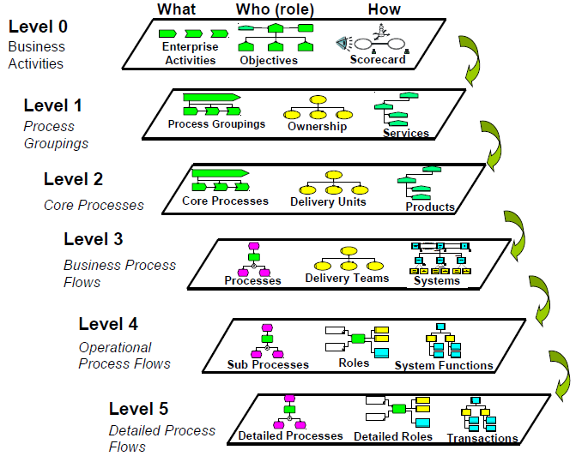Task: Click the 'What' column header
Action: pos(176,9)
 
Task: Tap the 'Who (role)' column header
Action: pos(275,9)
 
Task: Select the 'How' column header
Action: pos(385,9)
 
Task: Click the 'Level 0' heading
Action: pos(38,27)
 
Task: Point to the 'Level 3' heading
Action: pos(94,239)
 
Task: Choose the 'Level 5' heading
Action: pos(138,409)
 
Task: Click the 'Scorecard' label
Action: pos(378,59)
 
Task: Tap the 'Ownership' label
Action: pos(317,126)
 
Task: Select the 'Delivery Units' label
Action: pos(328,201)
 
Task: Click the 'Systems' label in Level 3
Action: pos(437,280)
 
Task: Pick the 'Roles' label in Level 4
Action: pos(354,363)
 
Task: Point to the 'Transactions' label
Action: pos(482,438)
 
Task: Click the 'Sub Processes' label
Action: pos(268,364)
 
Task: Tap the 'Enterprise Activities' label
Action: pos(191,53)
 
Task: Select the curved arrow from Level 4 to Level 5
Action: pos(561,375)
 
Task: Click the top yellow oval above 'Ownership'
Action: pos(318,99)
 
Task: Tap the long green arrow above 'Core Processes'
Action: pos(221,173)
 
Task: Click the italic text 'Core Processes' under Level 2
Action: pos(94,206)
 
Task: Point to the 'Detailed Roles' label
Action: pos(393,436)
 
